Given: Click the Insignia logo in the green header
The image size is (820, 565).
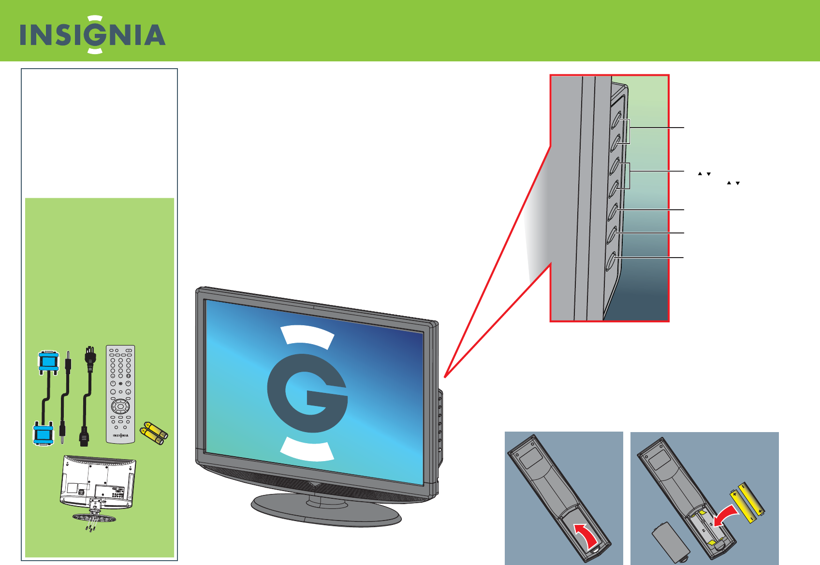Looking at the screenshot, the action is [92, 35].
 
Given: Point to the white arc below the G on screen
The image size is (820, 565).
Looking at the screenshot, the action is [307, 449].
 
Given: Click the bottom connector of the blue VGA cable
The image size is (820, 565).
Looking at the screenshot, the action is [43, 434].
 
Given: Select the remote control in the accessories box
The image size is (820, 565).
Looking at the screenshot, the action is [120, 393].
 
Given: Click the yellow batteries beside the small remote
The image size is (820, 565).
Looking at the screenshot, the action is [154, 433].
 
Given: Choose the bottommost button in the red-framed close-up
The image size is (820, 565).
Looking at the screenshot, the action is [611, 261].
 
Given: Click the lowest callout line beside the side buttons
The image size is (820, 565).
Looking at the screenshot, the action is [650, 258].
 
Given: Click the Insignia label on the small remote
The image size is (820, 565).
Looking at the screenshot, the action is [120, 435].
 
